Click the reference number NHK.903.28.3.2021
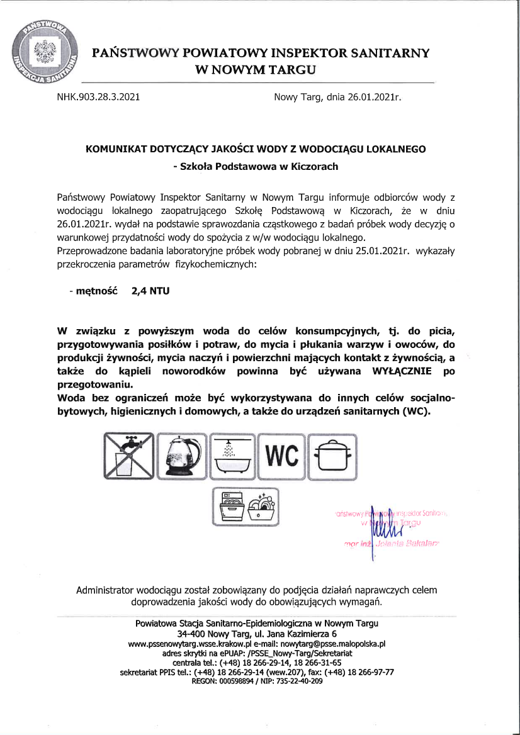pyautogui.click(x=98, y=98)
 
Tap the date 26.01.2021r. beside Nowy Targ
pyautogui.click(x=373, y=98)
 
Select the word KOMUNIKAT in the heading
pyautogui.click(x=116, y=149)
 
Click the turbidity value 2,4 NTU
pyautogui.click(x=150, y=291)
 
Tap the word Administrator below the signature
pyautogui.click(x=105, y=590)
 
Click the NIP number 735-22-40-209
pyautogui.click(x=300, y=680)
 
